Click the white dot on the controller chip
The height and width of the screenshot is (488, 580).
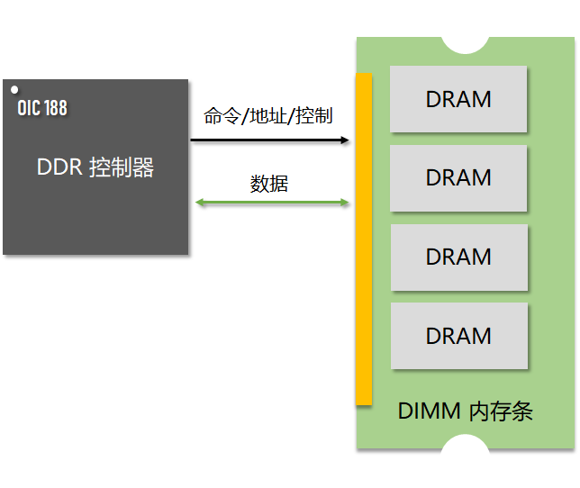tap(14, 89)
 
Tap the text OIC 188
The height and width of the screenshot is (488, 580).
tap(42, 108)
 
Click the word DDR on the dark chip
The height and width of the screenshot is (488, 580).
tap(60, 167)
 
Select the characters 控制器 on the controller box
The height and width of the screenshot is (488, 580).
tap(122, 167)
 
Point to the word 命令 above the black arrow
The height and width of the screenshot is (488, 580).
tap(220, 116)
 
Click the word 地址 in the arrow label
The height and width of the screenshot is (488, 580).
tap(267, 116)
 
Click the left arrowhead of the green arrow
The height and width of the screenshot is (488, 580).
tap(199, 203)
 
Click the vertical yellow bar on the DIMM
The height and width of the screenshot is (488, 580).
tap(364, 239)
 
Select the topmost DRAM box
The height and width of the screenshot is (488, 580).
tap(458, 99)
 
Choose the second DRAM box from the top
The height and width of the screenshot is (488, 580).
tap(458, 177)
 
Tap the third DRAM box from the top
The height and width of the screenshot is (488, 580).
tap(458, 257)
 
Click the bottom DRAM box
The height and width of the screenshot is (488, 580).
tap(458, 335)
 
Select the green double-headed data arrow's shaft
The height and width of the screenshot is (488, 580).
tap(270, 203)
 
